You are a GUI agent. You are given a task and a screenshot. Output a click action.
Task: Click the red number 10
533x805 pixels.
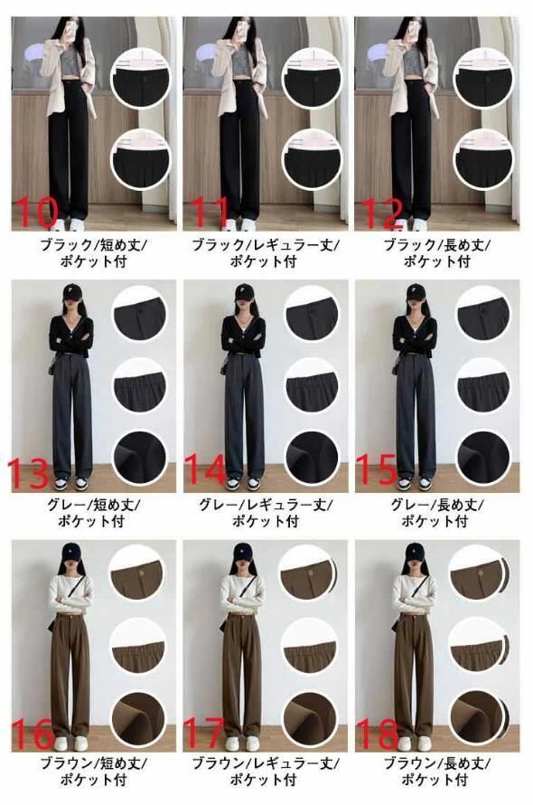pyautogui.click(x=36, y=212)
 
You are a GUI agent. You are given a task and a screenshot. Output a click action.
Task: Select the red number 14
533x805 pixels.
pyautogui.click(x=205, y=469)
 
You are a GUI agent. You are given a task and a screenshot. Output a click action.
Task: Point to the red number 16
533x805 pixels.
pyautogui.click(x=33, y=734)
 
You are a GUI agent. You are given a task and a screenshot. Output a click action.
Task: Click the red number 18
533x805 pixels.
pyautogui.click(x=377, y=734)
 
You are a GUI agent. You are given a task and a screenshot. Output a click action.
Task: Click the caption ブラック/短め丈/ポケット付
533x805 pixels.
pyautogui.click(x=93, y=252)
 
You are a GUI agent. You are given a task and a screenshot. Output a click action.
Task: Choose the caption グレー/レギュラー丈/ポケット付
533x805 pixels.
pyautogui.click(x=266, y=513)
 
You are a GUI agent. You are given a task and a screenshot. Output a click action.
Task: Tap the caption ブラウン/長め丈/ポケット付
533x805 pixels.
pyautogui.click(x=436, y=772)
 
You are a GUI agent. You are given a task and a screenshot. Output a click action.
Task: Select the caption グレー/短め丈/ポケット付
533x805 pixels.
pyautogui.click(x=92, y=513)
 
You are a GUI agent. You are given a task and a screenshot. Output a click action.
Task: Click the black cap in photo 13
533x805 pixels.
pyautogui.click(x=70, y=294)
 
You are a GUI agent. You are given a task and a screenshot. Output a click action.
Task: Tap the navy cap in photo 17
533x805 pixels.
pyautogui.click(x=243, y=553)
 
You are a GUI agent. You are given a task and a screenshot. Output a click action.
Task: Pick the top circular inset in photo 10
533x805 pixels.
pyautogui.click(x=141, y=78)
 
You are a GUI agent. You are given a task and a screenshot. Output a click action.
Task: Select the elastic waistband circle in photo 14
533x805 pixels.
pyautogui.click(x=312, y=384)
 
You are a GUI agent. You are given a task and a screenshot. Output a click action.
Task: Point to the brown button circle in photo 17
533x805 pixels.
pyautogui.click(x=307, y=573)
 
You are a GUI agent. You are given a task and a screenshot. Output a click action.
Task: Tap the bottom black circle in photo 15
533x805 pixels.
pyautogui.click(x=482, y=458)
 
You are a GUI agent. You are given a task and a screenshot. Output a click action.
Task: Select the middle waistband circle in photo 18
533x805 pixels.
pyautogui.click(x=477, y=646)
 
